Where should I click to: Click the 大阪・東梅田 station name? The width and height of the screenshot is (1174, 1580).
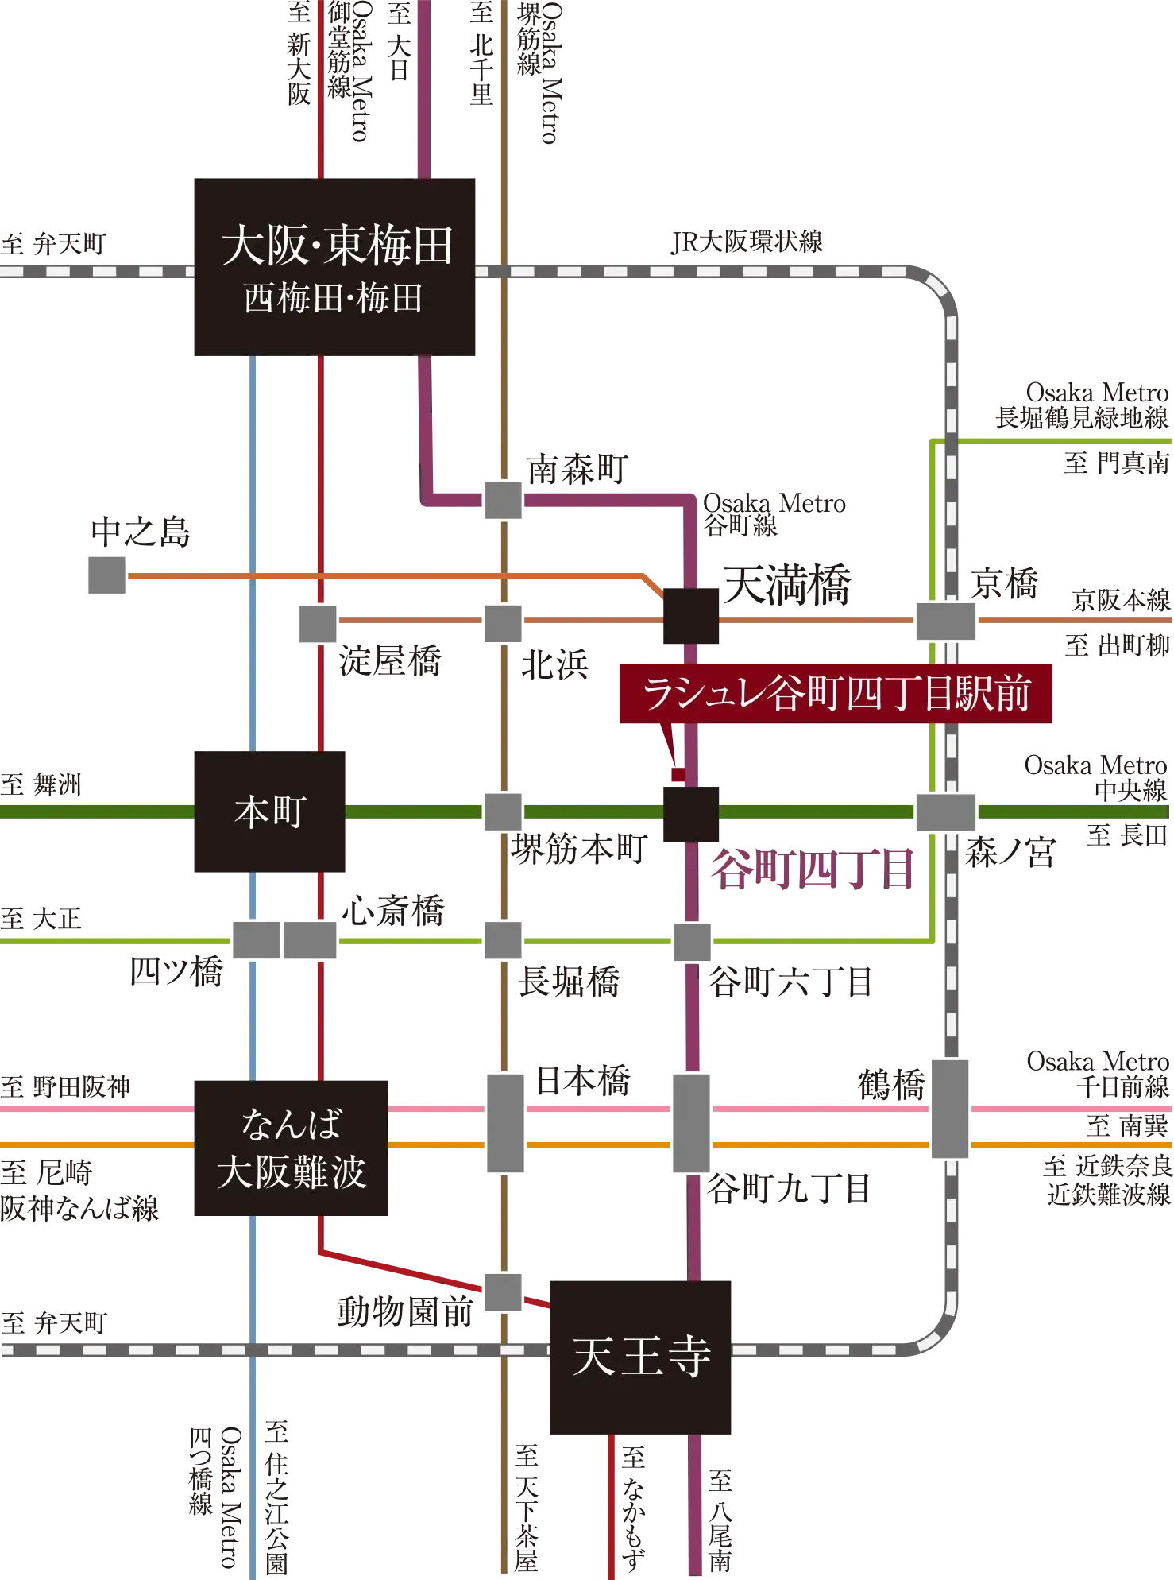(337, 245)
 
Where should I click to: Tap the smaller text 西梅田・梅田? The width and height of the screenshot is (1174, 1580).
(333, 299)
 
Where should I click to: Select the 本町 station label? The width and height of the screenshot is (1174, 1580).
(270, 812)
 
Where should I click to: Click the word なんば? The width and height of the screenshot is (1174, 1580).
(291, 1124)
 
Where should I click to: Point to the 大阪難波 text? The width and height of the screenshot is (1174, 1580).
(291, 1171)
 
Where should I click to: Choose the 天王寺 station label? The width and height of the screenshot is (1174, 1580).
(641, 1356)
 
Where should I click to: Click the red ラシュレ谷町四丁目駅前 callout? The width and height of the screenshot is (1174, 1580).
(836, 693)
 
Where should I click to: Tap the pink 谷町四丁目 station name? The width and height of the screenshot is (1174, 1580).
(810, 869)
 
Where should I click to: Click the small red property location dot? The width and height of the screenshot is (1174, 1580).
(678, 774)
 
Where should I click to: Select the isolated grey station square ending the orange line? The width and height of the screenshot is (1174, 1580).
(107, 575)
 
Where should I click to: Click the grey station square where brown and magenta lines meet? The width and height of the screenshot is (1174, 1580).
(502, 501)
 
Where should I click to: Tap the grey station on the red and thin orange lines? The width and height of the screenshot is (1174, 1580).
(318, 622)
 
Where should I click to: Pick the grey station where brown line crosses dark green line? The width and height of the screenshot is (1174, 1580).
(502, 812)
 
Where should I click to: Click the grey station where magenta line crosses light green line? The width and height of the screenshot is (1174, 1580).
(692, 941)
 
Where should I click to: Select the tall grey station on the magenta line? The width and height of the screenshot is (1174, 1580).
(691, 1121)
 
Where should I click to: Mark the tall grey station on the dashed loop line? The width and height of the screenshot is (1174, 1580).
(950, 1108)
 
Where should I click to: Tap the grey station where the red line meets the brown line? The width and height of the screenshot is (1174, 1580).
(502, 1290)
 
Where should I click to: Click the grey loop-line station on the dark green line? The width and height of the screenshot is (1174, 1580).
(945, 812)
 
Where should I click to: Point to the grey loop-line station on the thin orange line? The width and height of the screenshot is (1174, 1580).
(945, 621)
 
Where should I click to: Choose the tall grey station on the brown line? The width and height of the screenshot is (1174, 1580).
(505, 1121)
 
